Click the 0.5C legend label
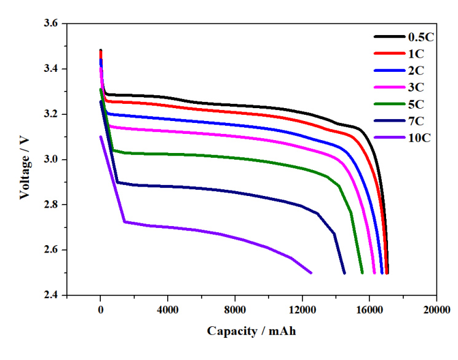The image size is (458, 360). (421, 36)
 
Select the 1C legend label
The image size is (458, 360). (416, 53)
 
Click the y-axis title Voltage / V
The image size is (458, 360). (25, 158)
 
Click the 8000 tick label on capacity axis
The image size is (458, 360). (235, 310)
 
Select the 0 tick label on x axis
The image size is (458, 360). (101, 310)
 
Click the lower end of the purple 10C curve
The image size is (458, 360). (311, 272)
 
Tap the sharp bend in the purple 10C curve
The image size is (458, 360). (125, 221)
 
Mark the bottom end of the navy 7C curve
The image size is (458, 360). (344, 273)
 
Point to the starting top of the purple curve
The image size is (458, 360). (101, 137)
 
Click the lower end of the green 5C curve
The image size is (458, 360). (362, 273)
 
